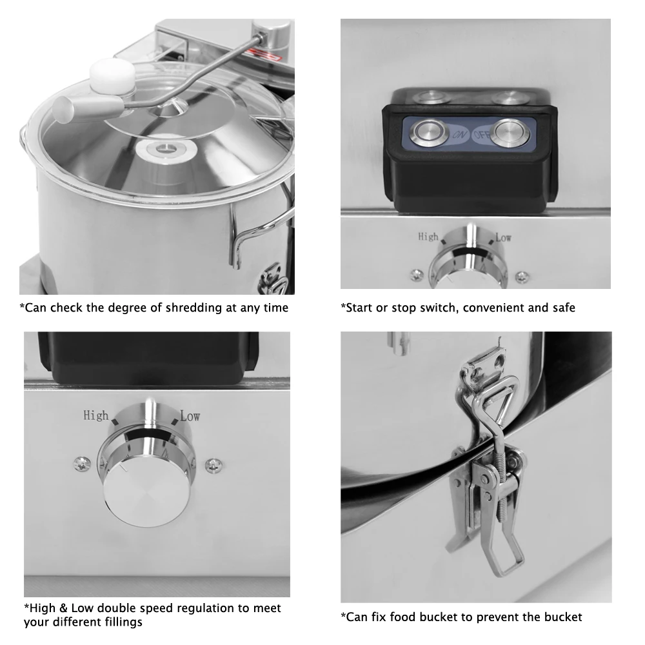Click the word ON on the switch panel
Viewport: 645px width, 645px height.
pos(460,135)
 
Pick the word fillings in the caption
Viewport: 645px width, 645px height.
pos(122,622)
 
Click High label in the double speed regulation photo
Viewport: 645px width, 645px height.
pos(96,415)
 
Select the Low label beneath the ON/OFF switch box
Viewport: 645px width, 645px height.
pos(504,237)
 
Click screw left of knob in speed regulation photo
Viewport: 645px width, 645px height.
pos(83,464)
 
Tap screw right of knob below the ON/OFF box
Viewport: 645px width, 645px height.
pos(522,276)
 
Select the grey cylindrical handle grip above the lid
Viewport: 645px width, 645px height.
pos(87,108)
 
